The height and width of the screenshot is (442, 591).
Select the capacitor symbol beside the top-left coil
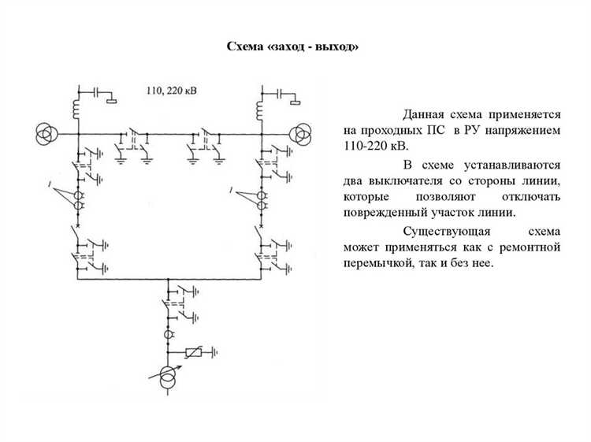(x=98, y=93)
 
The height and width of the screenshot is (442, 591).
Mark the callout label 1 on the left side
(x=50, y=184)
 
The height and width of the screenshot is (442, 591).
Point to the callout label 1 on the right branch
(x=230, y=190)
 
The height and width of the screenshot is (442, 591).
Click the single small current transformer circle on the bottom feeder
(x=168, y=336)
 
